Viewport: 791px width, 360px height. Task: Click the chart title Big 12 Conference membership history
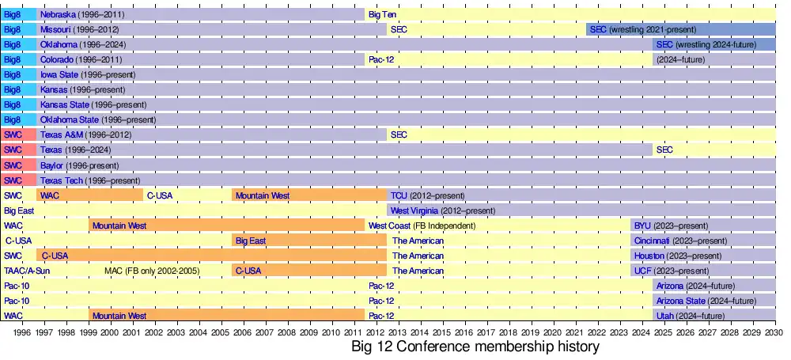(x=475, y=347)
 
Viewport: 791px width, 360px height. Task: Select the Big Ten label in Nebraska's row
(x=383, y=15)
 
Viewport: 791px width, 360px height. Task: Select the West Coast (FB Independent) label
(x=422, y=225)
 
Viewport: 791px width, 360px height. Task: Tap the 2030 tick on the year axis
(x=775, y=333)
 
